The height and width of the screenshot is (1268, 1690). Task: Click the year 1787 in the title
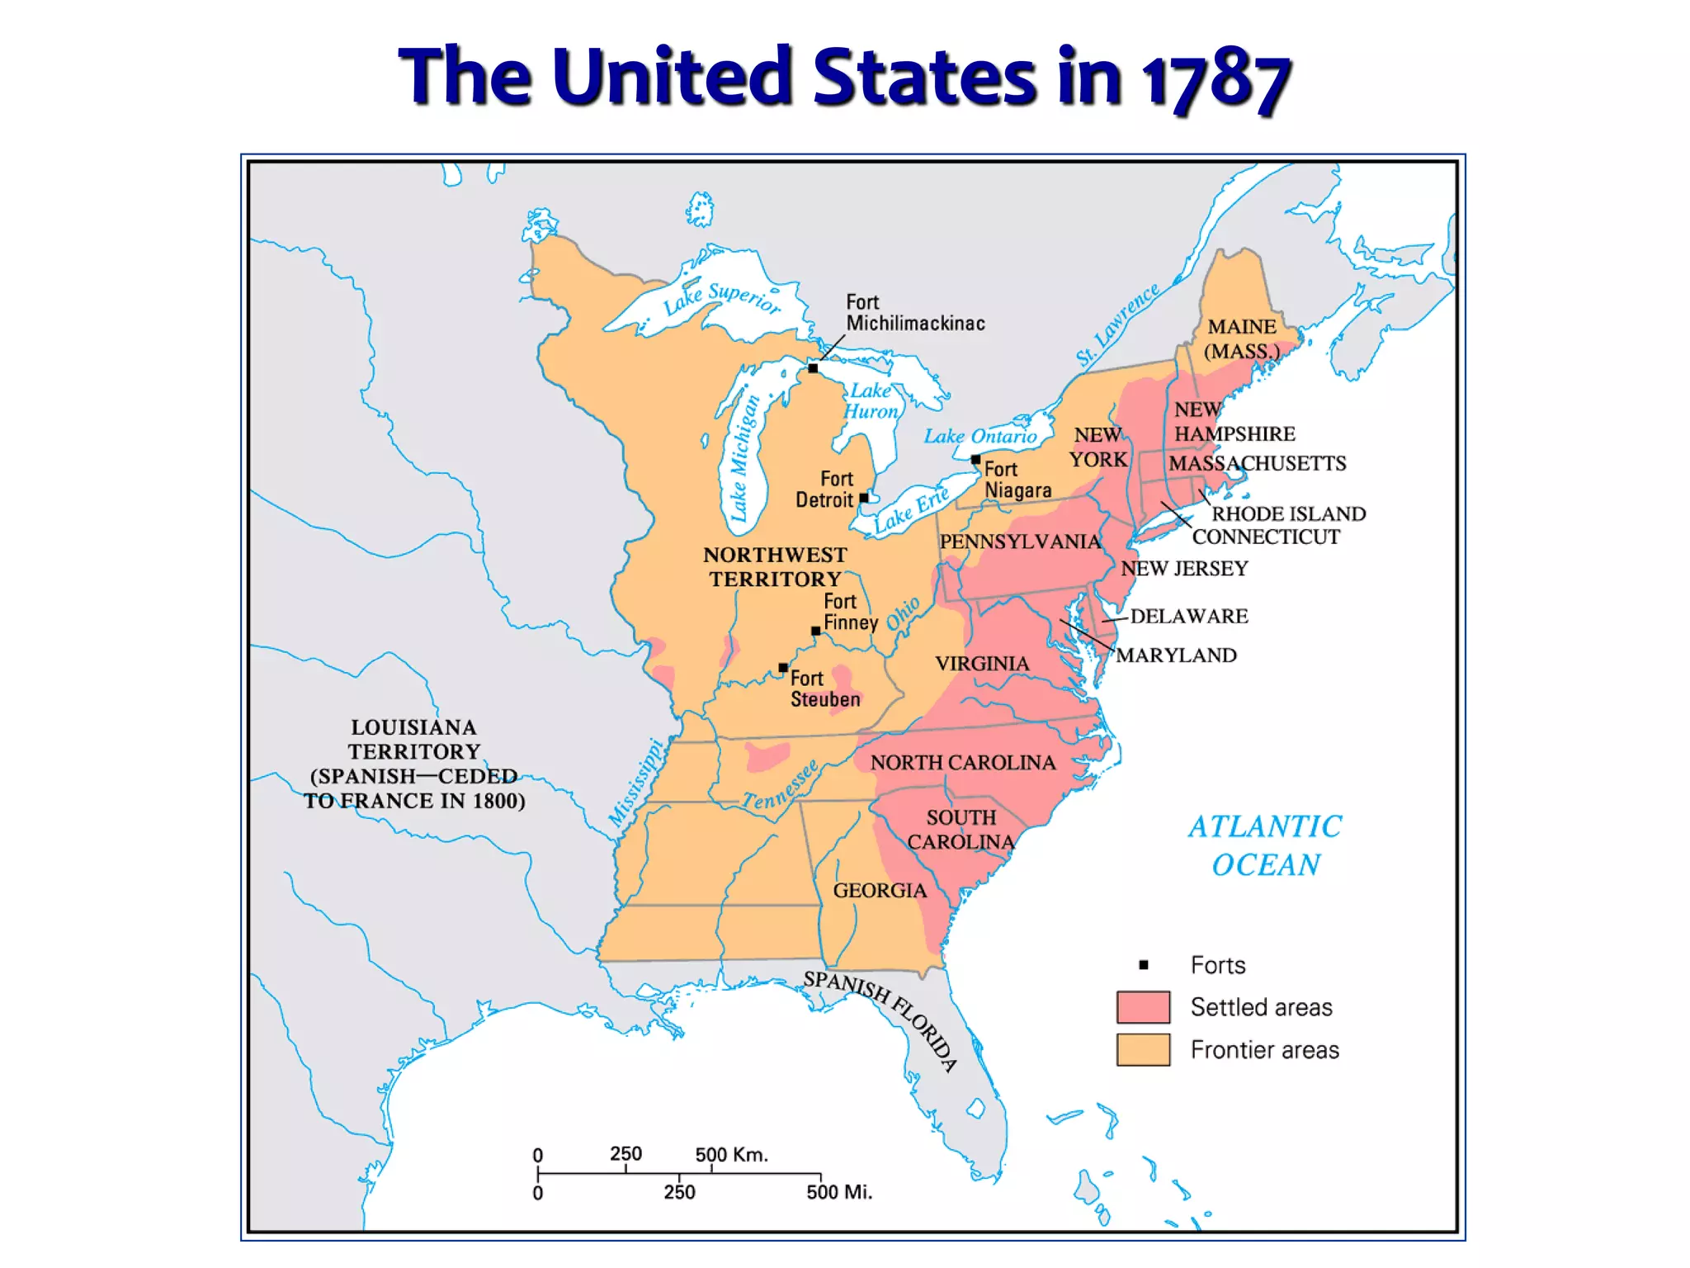click(x=1216, y=80)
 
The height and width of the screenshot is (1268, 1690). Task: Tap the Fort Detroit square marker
click(x=864, y=498)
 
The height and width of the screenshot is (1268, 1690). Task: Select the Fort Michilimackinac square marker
click(x=813, y=368)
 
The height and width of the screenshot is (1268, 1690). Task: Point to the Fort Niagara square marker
click(x=975, y=460)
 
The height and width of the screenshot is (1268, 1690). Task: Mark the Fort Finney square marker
click(x=815, y=631)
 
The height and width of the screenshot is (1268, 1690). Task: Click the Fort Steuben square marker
click(x=783, y=668)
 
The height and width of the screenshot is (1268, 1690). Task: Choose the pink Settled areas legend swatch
click(x=1143, y=1007)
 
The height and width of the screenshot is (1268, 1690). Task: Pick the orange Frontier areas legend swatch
click(x=1143, y=1050)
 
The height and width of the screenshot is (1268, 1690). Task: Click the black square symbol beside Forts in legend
click(x=1144, y=964)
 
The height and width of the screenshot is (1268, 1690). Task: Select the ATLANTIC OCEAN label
click(x=1265, y=845)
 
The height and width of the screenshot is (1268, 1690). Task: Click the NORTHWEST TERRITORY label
click(x=775, y=566)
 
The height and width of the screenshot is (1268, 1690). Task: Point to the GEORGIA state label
click(x=880, y=890)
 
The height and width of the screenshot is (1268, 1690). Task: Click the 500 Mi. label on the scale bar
click(x=838, y=1192)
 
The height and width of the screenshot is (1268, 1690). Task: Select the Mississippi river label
click(x=635, y=783)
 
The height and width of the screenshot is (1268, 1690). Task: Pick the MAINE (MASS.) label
click(x=1241, y=338)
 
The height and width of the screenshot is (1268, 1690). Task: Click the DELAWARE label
click(x=1188, y=616)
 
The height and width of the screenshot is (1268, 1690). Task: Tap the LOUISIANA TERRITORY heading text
click(x=413, y=740)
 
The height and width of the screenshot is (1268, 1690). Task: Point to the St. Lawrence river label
click(x=1117, y=325)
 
